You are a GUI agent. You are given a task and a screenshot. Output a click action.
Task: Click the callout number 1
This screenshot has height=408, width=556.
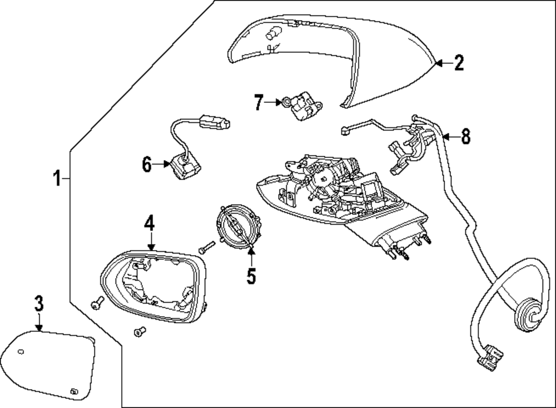pyautogui.click(x=57, y=178)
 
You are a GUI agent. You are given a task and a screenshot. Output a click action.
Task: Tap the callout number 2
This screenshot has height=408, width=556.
pyautogui.click(x=459, y=63)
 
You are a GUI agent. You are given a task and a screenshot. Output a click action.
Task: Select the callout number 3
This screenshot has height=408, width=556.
pyautogui.click(x=39, y=303)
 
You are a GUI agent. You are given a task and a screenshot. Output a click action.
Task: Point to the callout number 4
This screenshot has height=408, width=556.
pyautogui.click(x=149, y=223)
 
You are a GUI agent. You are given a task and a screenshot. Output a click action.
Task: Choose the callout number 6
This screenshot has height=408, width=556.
pyautogui.click(x=147, y=165)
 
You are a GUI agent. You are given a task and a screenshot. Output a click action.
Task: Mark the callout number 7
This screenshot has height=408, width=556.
pyautogui.click(x=259, y=102)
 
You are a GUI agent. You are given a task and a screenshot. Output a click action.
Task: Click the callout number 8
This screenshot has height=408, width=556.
pyautogui.click(x=465, y=137)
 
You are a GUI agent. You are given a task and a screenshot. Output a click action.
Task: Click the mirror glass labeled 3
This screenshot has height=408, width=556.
pyautogui.click(x=48, y=365)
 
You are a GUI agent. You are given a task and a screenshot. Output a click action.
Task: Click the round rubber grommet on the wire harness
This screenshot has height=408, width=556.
pyautogui.click(x=528, y=315)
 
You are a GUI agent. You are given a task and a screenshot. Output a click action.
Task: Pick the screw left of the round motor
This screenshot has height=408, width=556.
pyautogui.click(x=207, y=247)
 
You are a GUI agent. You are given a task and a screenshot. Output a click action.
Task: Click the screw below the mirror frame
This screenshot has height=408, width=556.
pyautogui.click(x=140, y=331)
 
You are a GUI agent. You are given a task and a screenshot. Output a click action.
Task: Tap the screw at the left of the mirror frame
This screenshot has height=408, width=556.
pyautogui.click(x=97, y=302)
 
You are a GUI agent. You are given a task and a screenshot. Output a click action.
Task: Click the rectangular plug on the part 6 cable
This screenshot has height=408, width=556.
pyautogui.click(x=215, y=122)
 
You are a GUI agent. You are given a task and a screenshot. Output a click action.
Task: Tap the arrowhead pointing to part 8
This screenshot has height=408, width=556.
pyautogui.click(x=445, y=137)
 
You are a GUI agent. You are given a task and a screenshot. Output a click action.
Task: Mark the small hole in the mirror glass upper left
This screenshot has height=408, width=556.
pyautogui.click(x=21, y=352)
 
